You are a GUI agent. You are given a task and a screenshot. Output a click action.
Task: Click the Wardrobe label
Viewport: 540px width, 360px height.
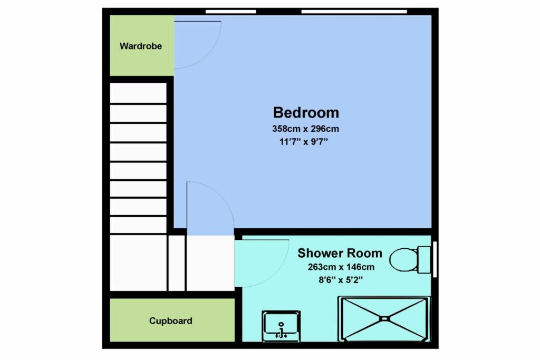pyautogui.click(x=140, y=46)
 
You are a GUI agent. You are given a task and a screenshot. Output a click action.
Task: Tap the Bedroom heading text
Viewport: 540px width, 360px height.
pyautogui.click(x=306, y=113)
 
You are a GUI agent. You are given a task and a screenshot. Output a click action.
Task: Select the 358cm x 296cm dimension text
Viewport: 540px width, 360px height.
pyautogui.click(x=305, y=129)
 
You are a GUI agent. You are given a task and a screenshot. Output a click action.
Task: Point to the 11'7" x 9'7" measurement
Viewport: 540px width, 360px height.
pyautogui.click(x=303, y=141)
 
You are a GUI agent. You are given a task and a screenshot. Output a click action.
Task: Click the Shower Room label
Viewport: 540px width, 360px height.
pyautogui.click(x=340, y=253)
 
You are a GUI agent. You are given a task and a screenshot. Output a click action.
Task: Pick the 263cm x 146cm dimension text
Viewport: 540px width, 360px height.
pyautogui.click(x=341, y=267)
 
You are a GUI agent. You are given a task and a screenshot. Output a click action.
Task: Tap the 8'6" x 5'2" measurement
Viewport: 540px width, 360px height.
pyautogui.click(x=341, y=280)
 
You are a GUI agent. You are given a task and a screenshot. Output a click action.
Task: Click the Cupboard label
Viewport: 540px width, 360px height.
pyautogui.click(x=170, y=321)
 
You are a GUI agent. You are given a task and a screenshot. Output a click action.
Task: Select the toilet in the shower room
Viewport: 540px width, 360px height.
pyautogui.click(x=410, y=260)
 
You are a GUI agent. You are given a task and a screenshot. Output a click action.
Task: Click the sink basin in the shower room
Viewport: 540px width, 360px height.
pyautogui.click(x=281, y=326)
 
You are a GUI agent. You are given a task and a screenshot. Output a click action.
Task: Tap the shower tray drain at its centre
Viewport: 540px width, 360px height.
pyautogui.click(x=384, y=319)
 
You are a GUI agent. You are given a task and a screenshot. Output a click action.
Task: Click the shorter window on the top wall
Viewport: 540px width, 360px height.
pyautogui.click(x=231, y=12)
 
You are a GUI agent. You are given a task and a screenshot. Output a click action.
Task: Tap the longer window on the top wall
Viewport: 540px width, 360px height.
pyautogui.click(x=354, y=12)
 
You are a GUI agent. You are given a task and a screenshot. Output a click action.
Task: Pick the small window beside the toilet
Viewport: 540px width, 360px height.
pyautogui.click(x=435, y=259)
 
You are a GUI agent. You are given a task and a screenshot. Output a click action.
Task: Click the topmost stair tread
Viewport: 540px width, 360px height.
pyautogui.click(x=138, y=93)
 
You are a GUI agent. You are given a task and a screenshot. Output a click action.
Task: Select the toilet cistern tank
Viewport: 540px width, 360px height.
pyautogui.click(x=424, y=260)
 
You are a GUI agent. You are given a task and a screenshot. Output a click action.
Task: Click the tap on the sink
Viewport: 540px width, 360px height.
pyautogui.click(x=282, y=330)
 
